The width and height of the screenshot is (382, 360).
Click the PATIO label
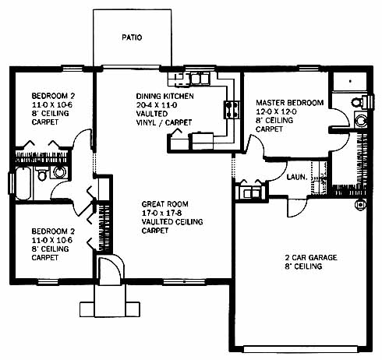[x=132, y=37]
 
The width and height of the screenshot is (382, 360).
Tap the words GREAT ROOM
[x=164, y=204]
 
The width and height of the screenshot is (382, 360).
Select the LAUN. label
[x=297, y=178]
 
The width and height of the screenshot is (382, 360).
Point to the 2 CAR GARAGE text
[x=311, y=258]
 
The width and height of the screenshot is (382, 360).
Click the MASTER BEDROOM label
[x=290, y=103]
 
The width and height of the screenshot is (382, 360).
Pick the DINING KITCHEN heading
[x=165, y=97]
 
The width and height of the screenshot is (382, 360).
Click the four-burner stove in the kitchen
[x=232, y=110]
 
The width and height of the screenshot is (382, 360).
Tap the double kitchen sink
[x=200, y=79]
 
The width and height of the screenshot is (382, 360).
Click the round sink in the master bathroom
[x=361, y=120]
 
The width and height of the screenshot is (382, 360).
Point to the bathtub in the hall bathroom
[x=23, y=183]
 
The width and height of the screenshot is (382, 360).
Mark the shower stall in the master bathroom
[x=350, y=81]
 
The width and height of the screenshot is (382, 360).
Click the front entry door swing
[x=110, y=270]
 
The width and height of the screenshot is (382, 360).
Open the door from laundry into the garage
[x=297, y=208]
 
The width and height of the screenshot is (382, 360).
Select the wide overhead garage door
[x=302, y=349]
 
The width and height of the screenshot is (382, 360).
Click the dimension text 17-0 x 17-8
[x=161, y=213]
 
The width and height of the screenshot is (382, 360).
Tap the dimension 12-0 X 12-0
[x=276, y=111]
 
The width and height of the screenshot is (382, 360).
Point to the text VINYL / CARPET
[x=164, y=122]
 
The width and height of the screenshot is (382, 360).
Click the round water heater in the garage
[x=360, y=205]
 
